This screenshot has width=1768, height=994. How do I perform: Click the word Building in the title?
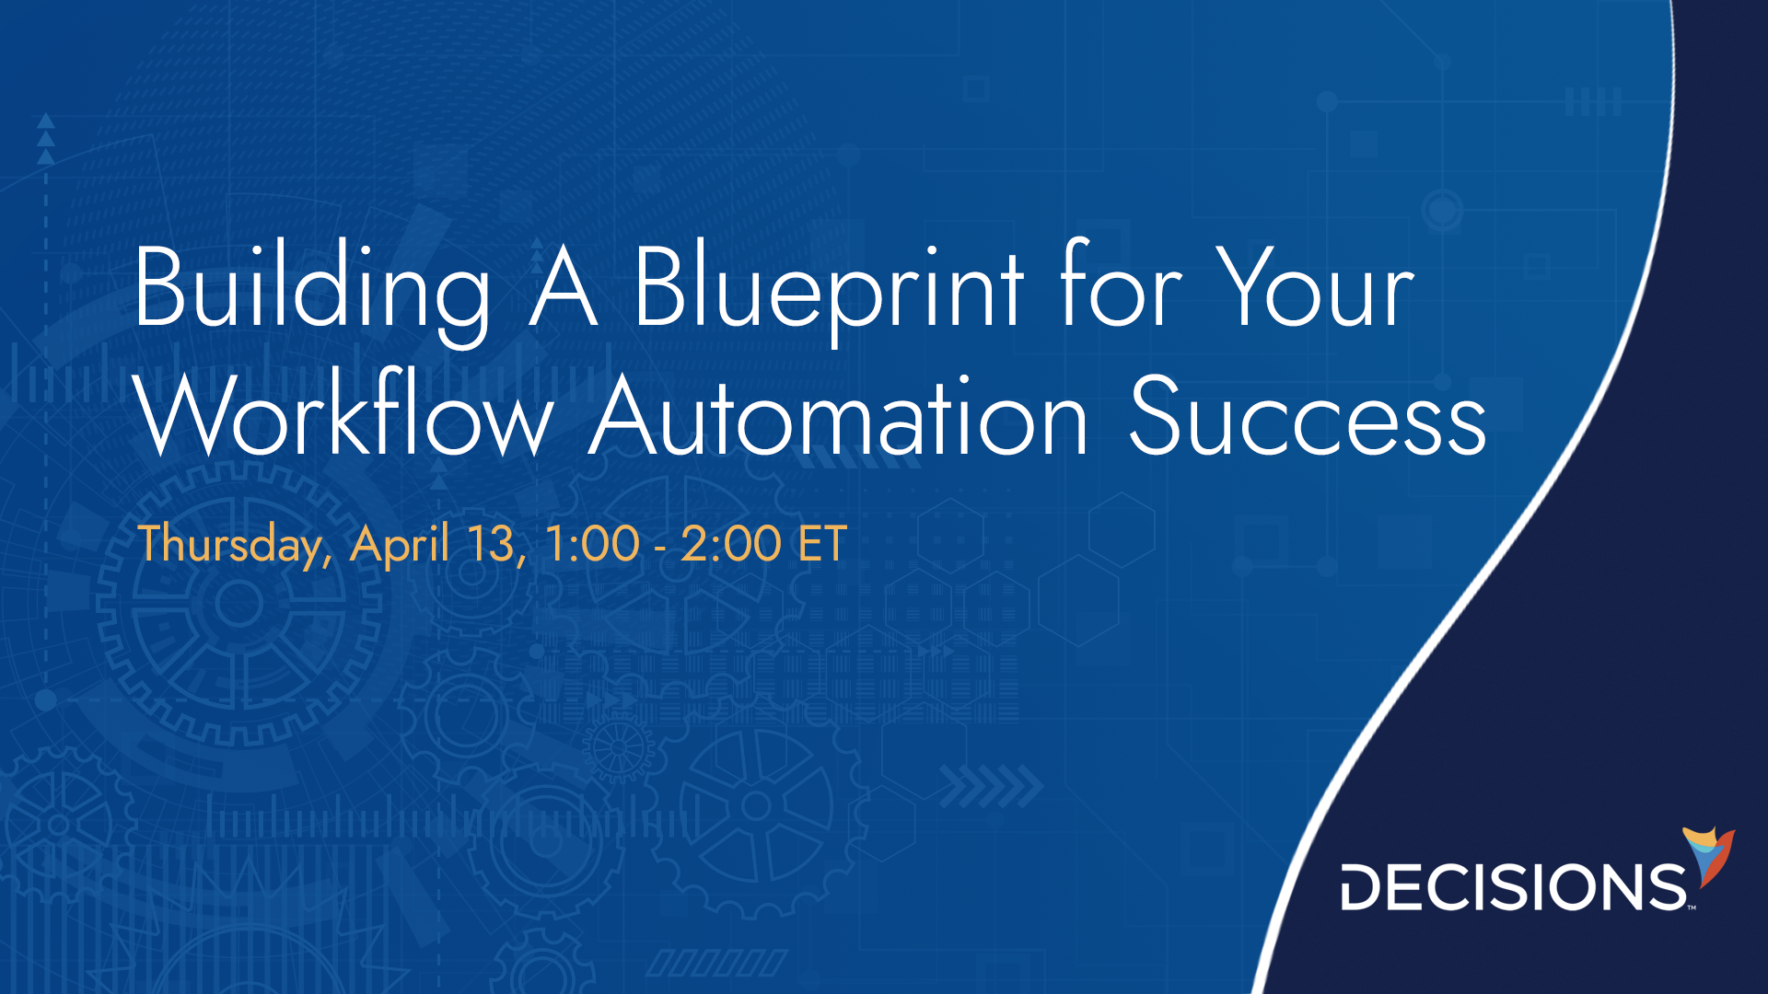311,289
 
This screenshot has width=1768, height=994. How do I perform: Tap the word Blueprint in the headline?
828,289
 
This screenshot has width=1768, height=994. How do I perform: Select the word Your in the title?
1315,289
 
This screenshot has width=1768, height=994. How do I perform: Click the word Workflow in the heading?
344,418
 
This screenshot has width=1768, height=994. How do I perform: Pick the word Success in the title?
1308,418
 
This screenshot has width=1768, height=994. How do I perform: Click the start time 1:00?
592,544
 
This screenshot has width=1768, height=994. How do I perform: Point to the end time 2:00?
731,544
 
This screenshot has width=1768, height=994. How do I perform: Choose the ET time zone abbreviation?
822,544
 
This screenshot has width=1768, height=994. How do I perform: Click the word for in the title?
1120,289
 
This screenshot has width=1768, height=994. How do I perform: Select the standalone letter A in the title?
564,289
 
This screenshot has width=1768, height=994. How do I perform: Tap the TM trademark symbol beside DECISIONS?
1692,907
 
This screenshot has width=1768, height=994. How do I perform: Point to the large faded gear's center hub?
238,605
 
